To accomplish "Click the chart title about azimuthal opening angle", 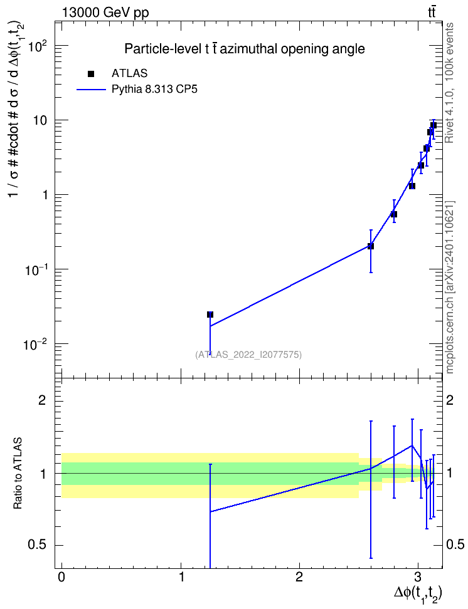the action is (x=244, y=49).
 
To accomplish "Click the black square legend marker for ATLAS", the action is (x=90, y=73).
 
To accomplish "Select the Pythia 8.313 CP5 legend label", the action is (x=154, y=90).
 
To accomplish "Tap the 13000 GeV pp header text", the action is (x=105, y=13).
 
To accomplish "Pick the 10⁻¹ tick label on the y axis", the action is (x=35, y=269).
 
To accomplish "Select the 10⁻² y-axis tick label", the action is (x=35, y=344).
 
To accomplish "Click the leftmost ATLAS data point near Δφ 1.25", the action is (x=210, y=315).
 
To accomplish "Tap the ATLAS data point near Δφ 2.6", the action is (x=371, y=246).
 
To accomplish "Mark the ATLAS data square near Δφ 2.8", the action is (x=394, y=214).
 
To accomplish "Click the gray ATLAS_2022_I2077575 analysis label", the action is (x=248, y=355).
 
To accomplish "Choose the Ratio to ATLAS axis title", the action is (x=18, y=473).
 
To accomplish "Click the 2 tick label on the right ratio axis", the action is (x=450, y=400).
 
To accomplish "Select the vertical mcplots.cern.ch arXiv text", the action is (x=450, y=288).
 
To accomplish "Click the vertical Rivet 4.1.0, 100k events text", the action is (x=449, y=83).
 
